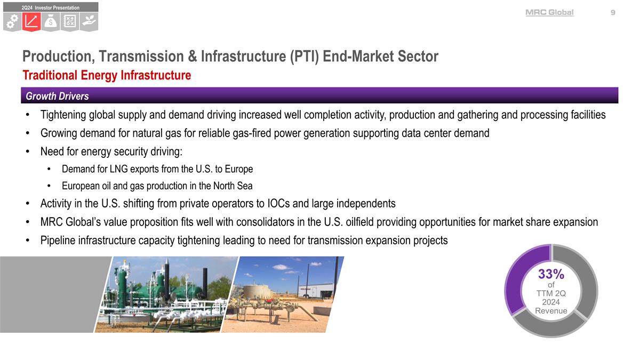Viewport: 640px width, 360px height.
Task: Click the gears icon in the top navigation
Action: [13, 22]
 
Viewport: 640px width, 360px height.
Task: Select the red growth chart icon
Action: [32, 22]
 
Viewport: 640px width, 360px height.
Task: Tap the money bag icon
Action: [51, 22]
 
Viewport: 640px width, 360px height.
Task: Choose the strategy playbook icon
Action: [70, 22]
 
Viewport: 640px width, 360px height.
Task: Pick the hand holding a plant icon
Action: [89, 22]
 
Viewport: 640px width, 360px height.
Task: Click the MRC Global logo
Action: [549, 13]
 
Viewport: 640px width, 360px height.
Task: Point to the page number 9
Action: [613, 13]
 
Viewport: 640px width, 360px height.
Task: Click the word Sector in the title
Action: [420, 56]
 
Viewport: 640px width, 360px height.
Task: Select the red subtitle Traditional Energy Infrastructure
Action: [106, 75]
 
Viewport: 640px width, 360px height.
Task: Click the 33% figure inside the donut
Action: [551, 274]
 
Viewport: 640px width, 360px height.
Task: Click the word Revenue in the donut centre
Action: [551, 311]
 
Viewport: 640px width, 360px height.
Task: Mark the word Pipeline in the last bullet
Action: [59, 241]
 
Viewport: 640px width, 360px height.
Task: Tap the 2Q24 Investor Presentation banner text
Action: [51, 7]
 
